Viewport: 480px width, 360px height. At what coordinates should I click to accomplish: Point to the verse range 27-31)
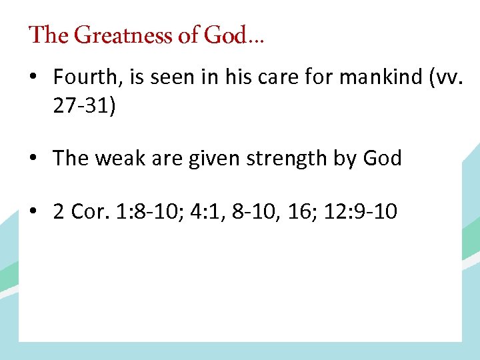click(85, 107)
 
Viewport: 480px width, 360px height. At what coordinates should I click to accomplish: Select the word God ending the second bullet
click(382, 159)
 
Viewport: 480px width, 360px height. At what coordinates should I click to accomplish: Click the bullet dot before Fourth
click(33, 78)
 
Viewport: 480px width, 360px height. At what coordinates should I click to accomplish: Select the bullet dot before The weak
click(33, 159)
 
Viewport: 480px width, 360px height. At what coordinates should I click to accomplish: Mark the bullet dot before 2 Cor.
click(33, 213)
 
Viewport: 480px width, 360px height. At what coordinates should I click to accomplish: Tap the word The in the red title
click(45, 35)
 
